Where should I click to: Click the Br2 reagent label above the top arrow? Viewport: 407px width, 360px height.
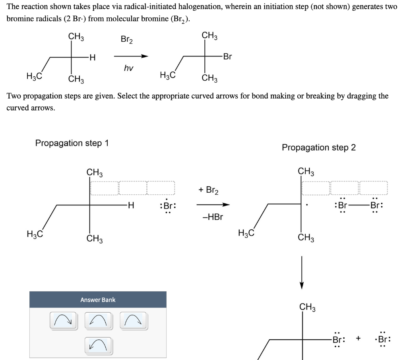pos(127,40)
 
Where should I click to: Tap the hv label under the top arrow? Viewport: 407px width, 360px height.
pos(128,68)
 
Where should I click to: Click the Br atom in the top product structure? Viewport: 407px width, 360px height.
pos(227,56)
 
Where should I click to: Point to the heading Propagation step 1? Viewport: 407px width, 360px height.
pos(72,143)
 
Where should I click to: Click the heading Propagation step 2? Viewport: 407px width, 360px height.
pos(319,147)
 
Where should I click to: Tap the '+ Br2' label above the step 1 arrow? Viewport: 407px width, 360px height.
pos(208,190)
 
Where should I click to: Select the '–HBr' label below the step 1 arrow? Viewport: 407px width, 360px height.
pos(213,217)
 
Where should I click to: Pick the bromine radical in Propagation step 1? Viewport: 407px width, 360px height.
pos(167,206)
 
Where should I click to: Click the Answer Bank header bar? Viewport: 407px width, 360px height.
pos(98,300)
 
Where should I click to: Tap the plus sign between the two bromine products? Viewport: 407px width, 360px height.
pos(359,338)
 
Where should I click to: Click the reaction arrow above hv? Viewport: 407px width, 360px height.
pos(131,56)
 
